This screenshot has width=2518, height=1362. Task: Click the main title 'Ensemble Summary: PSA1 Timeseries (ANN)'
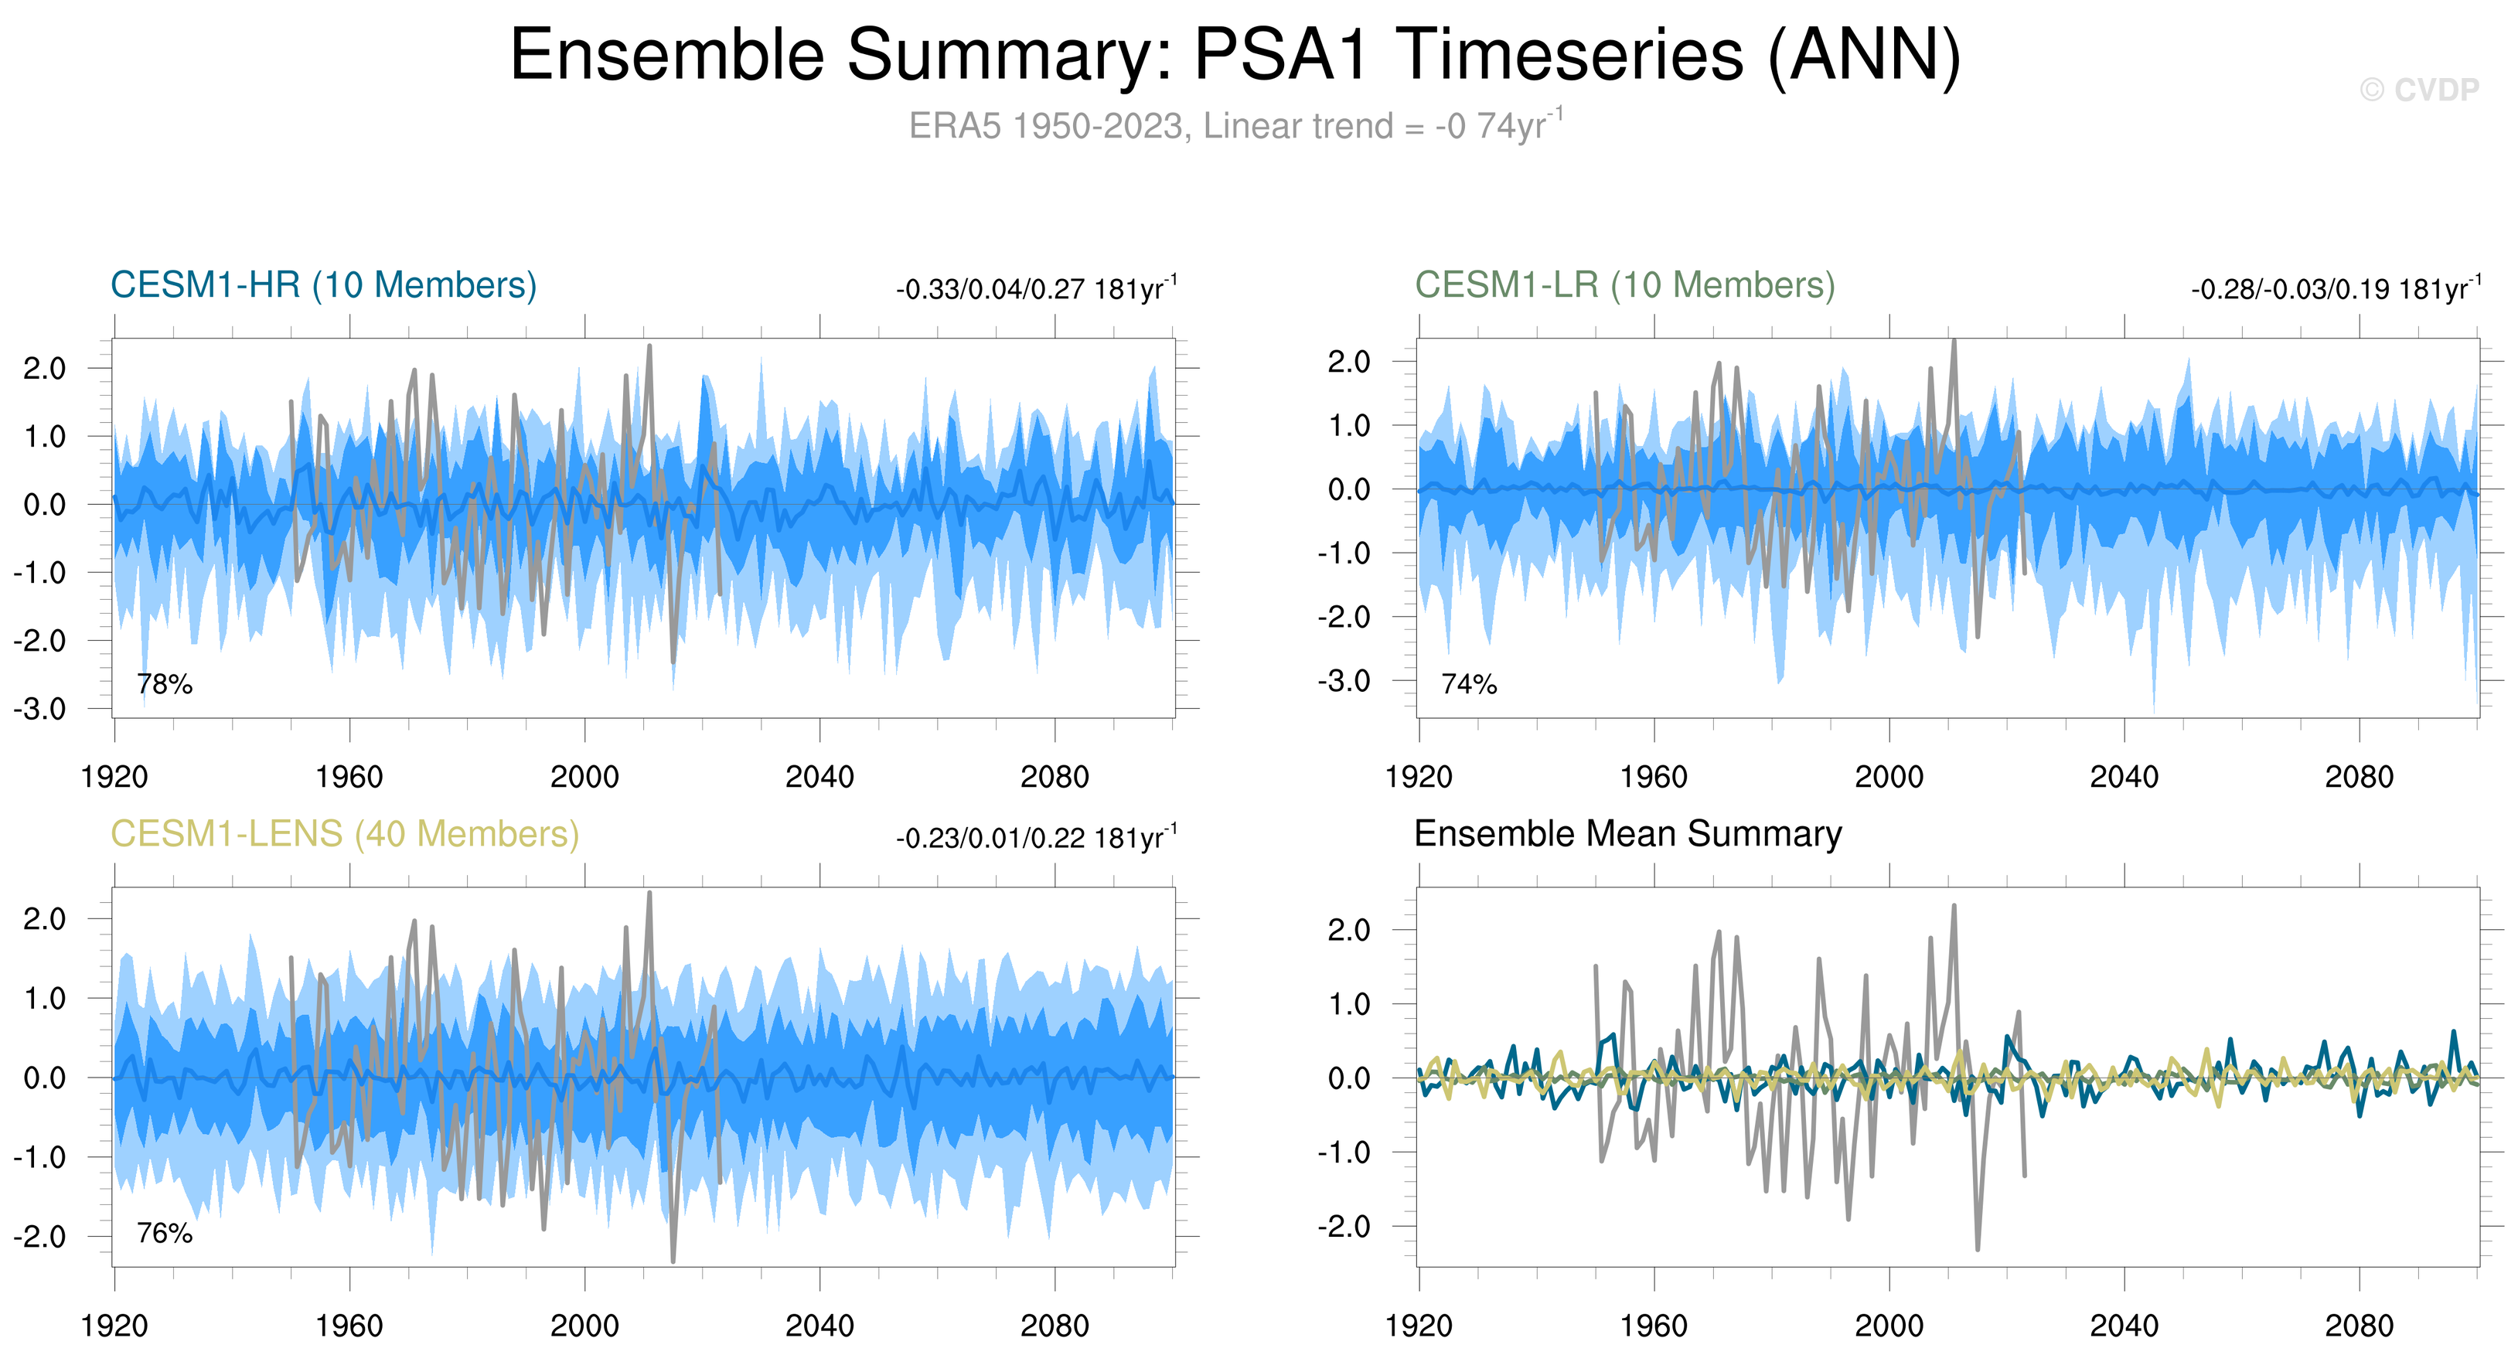(1235, 56)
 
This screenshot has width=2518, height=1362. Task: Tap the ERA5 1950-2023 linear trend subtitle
(1235, 126)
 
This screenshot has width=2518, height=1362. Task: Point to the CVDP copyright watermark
(2418, 90)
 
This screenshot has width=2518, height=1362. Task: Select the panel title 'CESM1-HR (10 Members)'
(324, 285)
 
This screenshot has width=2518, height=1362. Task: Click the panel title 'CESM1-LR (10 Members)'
(1624, 285)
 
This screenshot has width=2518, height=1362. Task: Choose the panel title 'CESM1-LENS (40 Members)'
(344, 834)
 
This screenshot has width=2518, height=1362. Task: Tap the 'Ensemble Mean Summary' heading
(1627, 834)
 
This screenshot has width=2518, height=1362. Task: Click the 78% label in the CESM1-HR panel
(164, 684)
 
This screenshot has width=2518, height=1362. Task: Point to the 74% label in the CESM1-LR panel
(1469, 684)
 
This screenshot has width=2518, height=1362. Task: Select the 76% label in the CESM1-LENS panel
(164, 1233)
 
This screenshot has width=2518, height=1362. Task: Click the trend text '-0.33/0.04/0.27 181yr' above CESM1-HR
(1035, 289)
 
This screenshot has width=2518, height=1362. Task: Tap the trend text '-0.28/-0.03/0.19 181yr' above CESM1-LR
(2334, 289)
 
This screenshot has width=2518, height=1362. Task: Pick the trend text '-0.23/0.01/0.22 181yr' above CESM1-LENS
(1035, 839)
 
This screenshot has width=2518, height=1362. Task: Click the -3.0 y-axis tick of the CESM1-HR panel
(40, 708)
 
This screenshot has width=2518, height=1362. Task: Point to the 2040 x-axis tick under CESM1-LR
(2123, 777)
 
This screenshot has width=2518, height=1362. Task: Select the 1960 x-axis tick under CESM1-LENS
(349, 1326)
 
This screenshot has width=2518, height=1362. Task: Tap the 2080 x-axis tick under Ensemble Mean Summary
(2359, 1326)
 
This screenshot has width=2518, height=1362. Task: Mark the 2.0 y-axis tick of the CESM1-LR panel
(1349, 362)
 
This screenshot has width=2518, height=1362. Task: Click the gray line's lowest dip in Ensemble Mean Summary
(1978, 1248)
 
